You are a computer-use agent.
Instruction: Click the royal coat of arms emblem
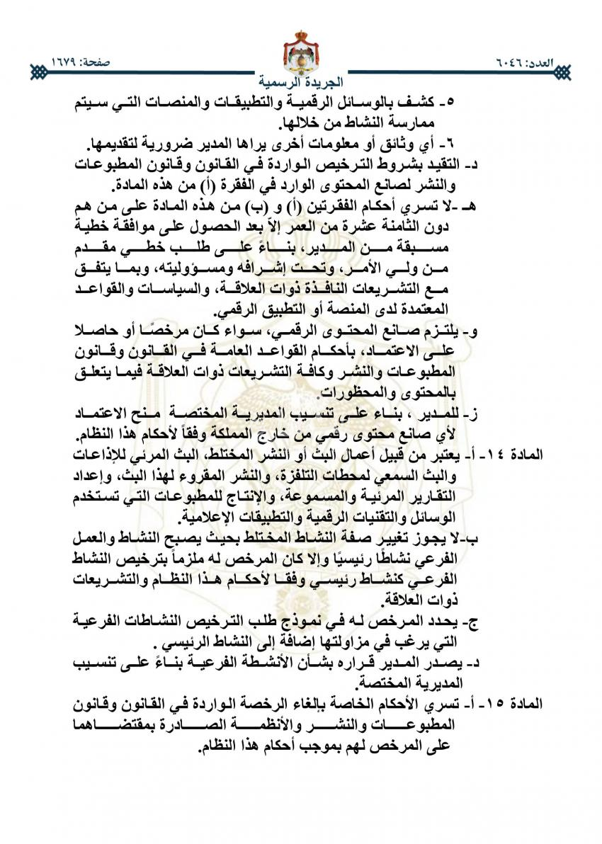click(x=300, y=50)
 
